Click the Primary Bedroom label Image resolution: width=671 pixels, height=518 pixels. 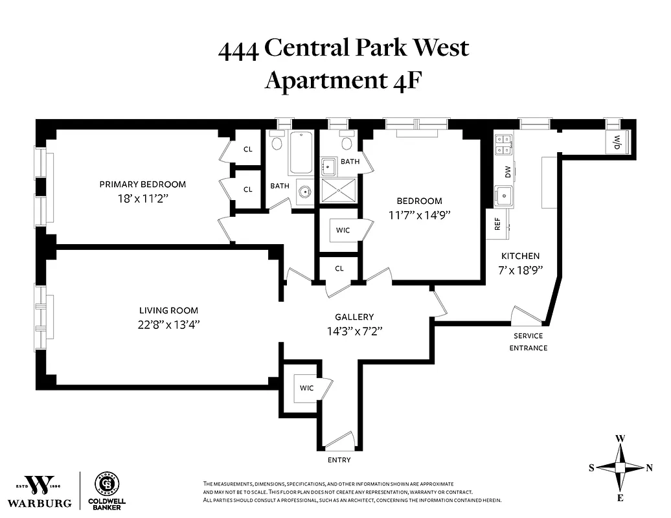tap(142, 185)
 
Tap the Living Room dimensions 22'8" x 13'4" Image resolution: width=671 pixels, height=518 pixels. tap(168, 324)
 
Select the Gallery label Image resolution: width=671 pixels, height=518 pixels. tap(354, 317)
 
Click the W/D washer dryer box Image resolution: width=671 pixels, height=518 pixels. tap(617, 141)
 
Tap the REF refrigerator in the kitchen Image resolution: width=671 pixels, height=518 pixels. tap(497, 224)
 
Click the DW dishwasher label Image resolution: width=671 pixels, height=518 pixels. tap(508, 172)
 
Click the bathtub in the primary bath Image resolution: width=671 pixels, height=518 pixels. tap(300, 153)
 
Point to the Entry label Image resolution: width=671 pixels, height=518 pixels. tap(339, 460)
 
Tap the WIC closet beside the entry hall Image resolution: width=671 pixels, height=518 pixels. tap(306, 388)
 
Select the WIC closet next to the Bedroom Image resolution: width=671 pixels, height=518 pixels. tap(342, 230)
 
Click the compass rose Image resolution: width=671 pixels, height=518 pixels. tap(620, 467)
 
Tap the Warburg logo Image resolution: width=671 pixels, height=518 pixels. tap(43, 490)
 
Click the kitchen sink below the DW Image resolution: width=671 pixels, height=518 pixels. tap(503, 194)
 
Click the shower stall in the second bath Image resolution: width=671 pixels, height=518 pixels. tap(339, 191)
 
